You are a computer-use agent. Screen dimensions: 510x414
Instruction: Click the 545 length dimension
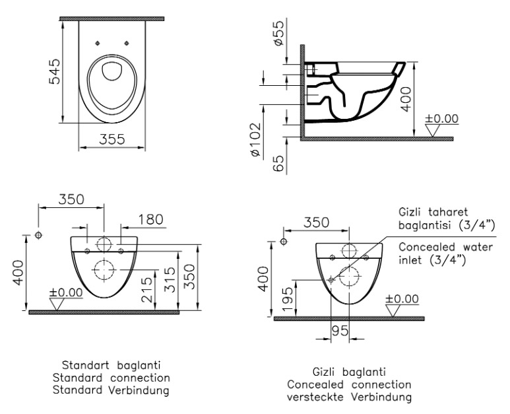54,71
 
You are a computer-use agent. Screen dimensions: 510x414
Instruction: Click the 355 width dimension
112,139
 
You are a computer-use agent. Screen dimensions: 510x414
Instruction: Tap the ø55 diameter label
278,32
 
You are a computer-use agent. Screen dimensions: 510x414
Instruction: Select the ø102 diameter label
256,140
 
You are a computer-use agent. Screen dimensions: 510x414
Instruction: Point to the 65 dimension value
278,163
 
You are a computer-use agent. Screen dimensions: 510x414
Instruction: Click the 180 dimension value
150,220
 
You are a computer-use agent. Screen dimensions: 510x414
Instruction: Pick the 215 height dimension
147,290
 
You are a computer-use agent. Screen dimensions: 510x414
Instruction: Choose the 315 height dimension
170,279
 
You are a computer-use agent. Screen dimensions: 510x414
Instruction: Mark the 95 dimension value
340,331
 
